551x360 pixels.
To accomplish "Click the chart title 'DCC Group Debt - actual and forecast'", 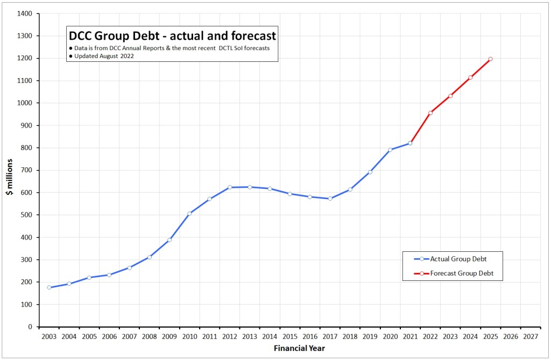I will (172, 36).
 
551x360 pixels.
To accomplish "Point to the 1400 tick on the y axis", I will (24, 13).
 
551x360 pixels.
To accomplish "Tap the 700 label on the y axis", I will (26, 170).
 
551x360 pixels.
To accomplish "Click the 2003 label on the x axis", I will (49, 336).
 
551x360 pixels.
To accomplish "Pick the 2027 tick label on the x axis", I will (531, 336).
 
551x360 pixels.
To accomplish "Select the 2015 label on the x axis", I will (289, 336).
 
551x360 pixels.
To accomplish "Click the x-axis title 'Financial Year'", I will (299, 348).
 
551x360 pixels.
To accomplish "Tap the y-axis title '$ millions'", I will (9, 177).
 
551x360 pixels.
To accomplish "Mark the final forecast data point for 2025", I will (490, 59).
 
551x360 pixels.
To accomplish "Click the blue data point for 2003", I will (49, 287).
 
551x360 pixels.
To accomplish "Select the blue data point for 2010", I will (189, 214).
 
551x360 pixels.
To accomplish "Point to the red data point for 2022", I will (430, 113).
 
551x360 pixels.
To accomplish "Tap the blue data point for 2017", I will (330, 199).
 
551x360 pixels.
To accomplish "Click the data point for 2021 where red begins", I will (410, 143).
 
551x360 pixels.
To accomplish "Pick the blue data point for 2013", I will (250, 187).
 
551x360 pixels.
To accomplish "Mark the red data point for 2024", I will (470, 77).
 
